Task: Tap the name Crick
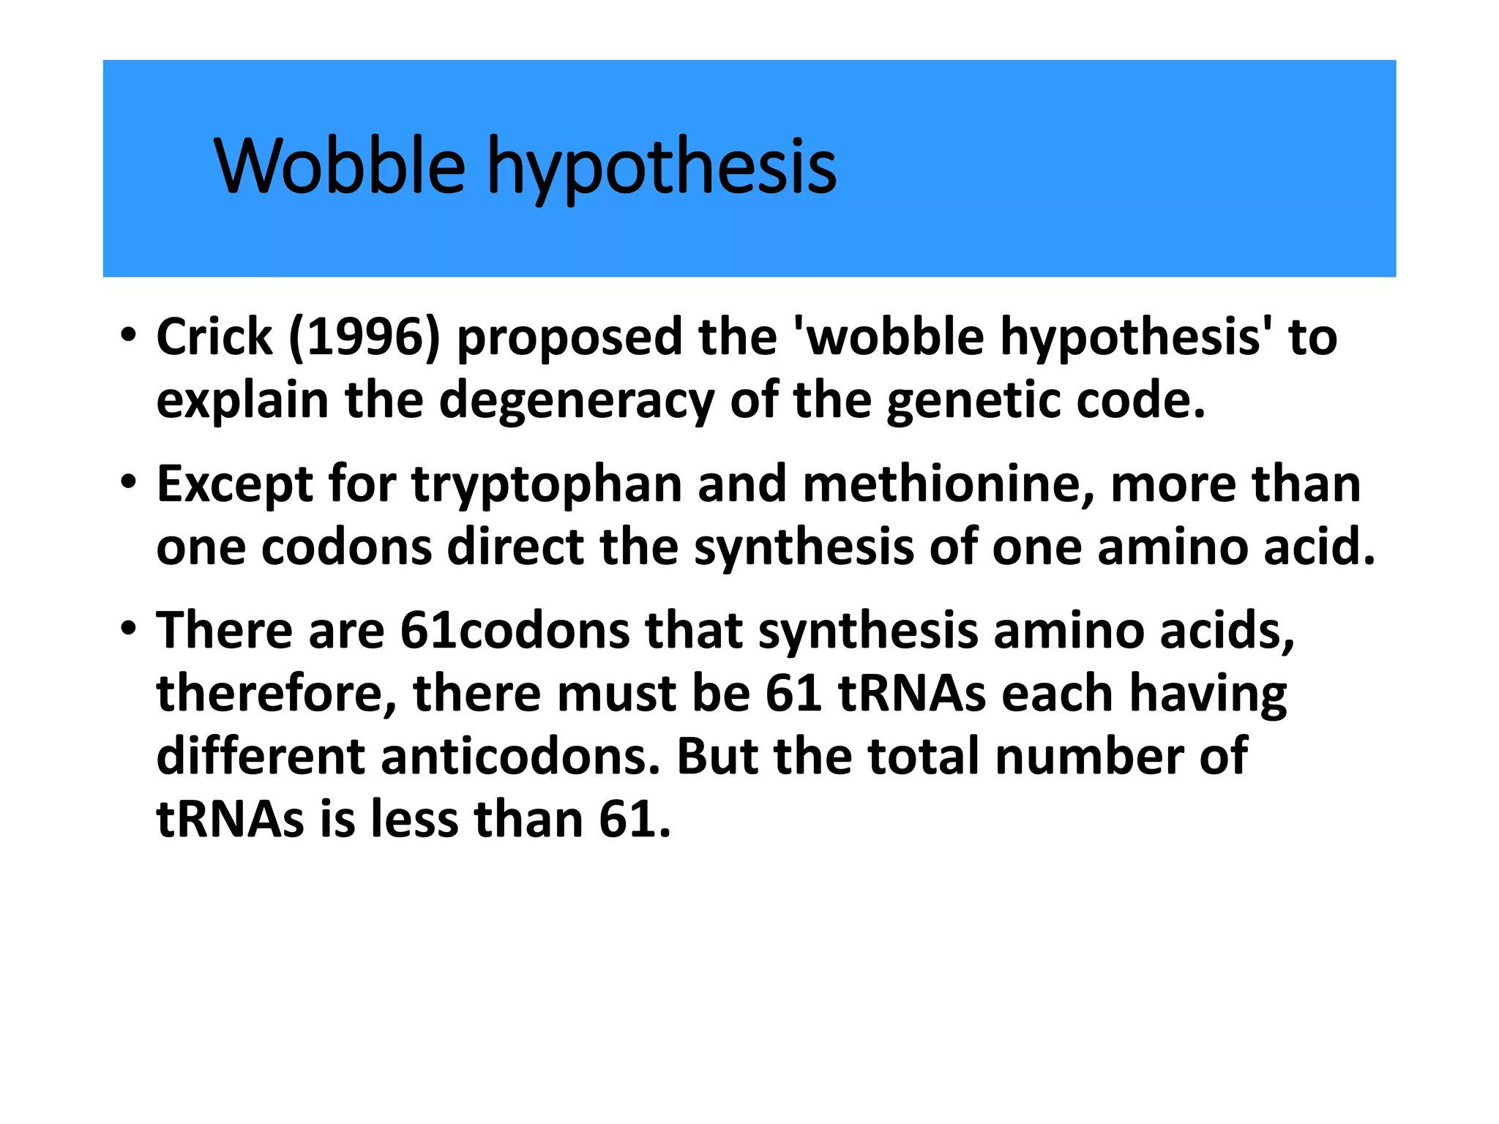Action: [214, 337]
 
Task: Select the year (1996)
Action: [365, 337]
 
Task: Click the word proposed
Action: [569, 337]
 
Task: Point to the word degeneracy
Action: [576, 401]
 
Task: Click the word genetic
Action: [972, 401]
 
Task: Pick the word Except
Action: [234, 484]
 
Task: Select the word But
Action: [717, 756]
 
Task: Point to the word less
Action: [414, 819]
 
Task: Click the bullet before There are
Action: [129, 629]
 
